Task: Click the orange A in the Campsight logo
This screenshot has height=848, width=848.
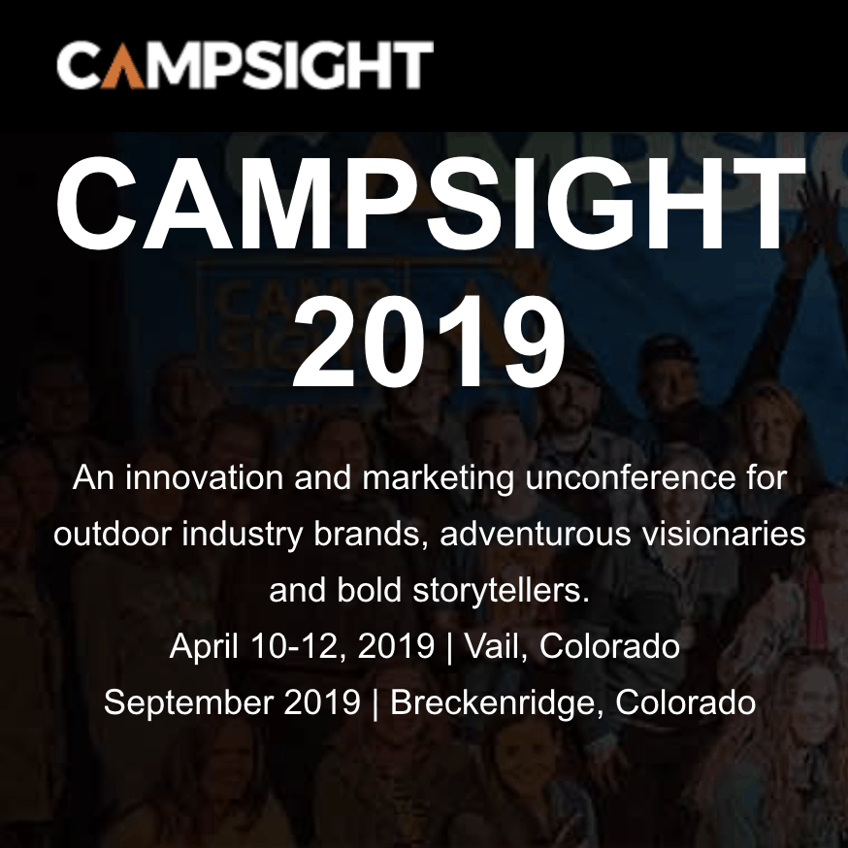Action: [122, 65]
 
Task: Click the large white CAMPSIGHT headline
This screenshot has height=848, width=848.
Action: [431, 204]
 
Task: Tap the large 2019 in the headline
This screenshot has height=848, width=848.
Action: [429, 342]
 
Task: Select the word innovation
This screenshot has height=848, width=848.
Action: [204, 478]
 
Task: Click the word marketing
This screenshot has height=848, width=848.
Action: [438, 479]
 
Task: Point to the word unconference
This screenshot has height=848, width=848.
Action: [630, 478]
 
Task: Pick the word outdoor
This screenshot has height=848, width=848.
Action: [112, 534]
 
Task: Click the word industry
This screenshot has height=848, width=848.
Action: [242, 535]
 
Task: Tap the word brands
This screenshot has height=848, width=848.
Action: [371, 535]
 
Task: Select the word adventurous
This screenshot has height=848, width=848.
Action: [536, 534]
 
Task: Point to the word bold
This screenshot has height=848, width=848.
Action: [369, 590]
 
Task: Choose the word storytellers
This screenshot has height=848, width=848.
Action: [501, 591]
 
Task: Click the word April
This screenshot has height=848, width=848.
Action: [204, 647]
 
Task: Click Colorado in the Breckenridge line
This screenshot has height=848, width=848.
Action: [685, 702]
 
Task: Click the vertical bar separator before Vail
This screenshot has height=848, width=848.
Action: [449, 648]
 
